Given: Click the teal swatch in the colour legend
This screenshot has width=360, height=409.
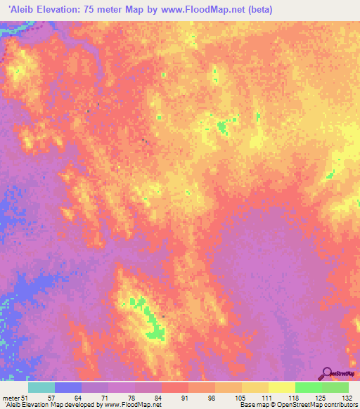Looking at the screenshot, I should tap(41, 387).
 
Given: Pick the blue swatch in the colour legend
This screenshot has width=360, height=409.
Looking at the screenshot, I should tap(68, 387).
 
